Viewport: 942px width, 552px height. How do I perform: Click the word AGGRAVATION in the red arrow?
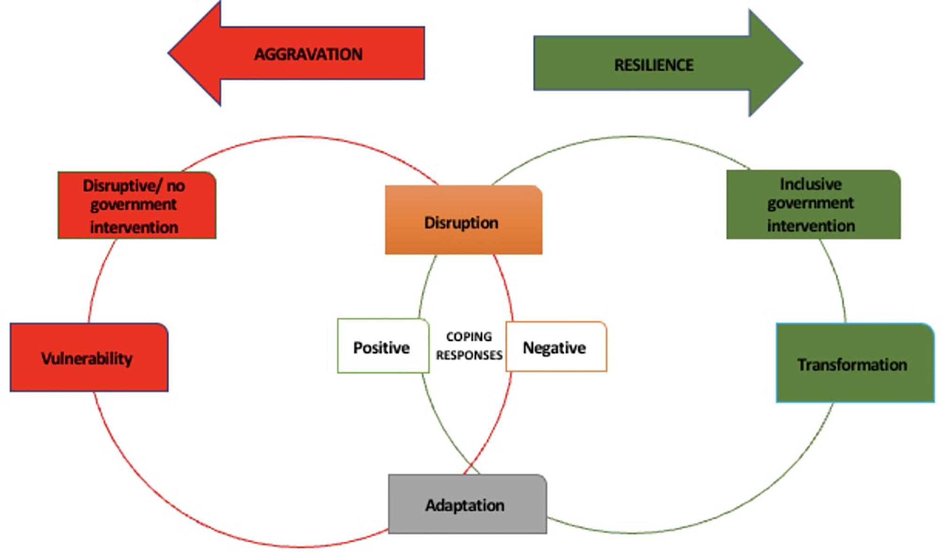pyautogui.click(x=308, y=54)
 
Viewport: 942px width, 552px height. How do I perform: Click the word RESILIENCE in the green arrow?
pyautogui.click(x=654, y=65)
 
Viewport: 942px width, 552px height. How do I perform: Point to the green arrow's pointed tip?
pyautogui.click(x=801, y=62)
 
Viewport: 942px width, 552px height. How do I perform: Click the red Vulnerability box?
pyautogui.click(x=89, y=358)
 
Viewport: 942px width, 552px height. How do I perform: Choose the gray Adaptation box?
pyautogui.click(x=467, y=504)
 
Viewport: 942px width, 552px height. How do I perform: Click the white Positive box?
pyautogui.click(x=382, y=347)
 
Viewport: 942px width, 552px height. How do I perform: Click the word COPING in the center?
pyautogui.click(x=469, y=336)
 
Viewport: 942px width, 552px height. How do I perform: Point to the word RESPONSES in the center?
pyautogui.click(x=469, y=355)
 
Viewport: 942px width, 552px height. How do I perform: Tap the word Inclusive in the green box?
pyautogui.click(x=810, y=184)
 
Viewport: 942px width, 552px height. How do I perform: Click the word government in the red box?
pyautogui.click(x=134, y=205)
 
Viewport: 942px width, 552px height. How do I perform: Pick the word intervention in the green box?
pyautogui.click(x=811, y=226)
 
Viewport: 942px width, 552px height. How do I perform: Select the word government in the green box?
pyautogui.click(x=810, y=204)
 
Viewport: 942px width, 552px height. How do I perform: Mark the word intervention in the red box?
pyautogui.click(x=134, y=227)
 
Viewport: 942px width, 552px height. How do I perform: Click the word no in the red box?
pyautogui.click(x=176, y=186)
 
